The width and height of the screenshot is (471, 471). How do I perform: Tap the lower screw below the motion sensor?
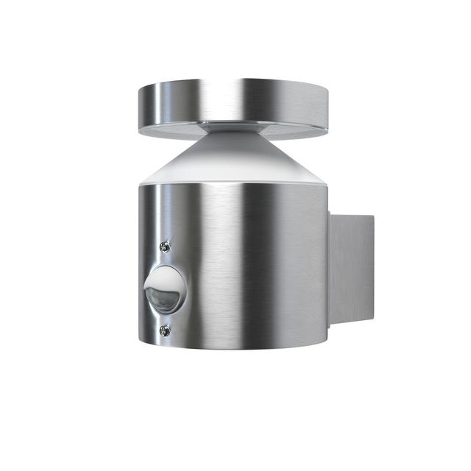(166, 331)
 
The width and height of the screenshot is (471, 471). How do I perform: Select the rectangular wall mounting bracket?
(350, 272)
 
